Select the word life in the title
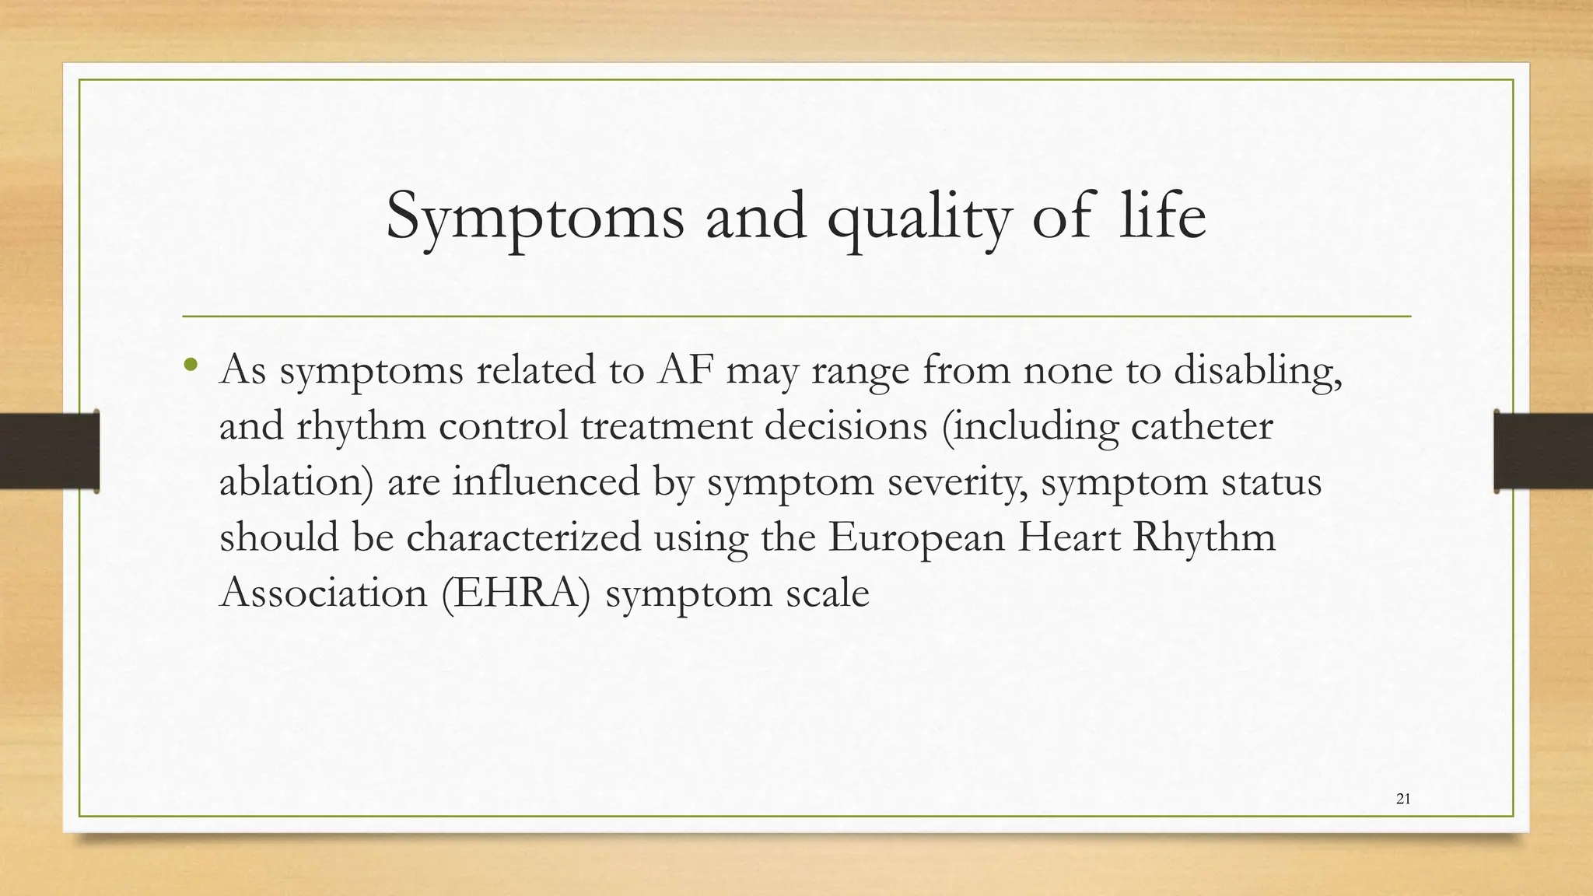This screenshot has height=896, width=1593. click(1162, 216)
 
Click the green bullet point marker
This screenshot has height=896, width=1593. click(191, 365)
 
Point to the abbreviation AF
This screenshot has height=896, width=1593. click(685, 369)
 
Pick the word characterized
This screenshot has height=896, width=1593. click(523, 537)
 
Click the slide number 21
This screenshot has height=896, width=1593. click(1403, 798)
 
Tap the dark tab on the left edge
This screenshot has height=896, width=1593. click(49, 451)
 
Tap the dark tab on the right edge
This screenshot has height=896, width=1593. click(1543, 451)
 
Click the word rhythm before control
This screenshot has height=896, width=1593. click(361, 427)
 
